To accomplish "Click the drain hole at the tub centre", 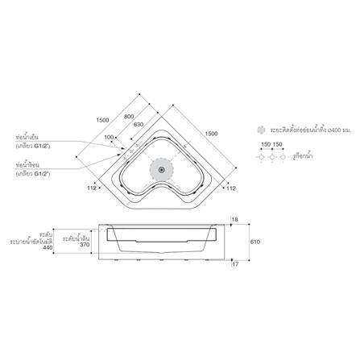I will tap(163, 170).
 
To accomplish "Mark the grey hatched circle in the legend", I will tap(259, 130).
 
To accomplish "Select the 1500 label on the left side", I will tap(102, 119).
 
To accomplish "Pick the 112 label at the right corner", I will tap(230, 189).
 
